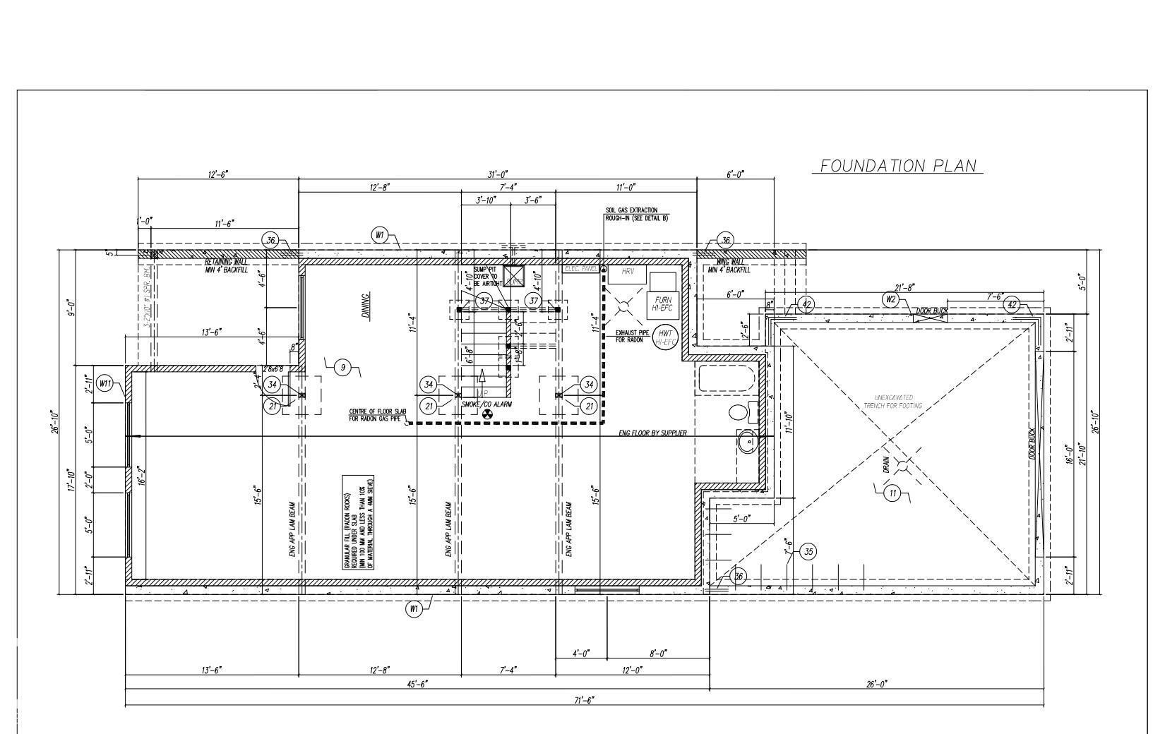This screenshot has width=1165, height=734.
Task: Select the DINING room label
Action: coord(366,306)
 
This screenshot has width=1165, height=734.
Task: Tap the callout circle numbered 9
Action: coord(342,367)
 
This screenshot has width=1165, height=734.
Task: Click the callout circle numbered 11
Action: coord(892,493)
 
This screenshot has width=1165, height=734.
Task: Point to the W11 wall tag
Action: coord(105,384)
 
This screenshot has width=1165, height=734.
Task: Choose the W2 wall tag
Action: coord(890,299)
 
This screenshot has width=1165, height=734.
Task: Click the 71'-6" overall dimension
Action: coord(584,700)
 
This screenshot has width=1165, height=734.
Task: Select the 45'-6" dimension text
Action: coord(417,684)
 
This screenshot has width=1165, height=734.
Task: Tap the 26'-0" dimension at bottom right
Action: coord(876,684)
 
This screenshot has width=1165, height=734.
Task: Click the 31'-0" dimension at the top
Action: coord(497,174)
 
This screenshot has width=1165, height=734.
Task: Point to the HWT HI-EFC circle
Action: coord(664,337)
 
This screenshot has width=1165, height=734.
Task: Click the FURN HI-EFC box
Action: coord(662,303)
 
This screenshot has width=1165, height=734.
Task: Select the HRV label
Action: coord(628,272)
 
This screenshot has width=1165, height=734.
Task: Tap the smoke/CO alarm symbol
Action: coord(486,414)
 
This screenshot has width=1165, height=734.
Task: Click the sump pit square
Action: coord(513,276)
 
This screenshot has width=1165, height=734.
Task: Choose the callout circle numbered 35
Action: coord(808,552)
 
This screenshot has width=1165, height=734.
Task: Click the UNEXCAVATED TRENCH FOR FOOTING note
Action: coord(893,402)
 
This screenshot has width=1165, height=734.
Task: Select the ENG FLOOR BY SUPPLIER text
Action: coord(652,433)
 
